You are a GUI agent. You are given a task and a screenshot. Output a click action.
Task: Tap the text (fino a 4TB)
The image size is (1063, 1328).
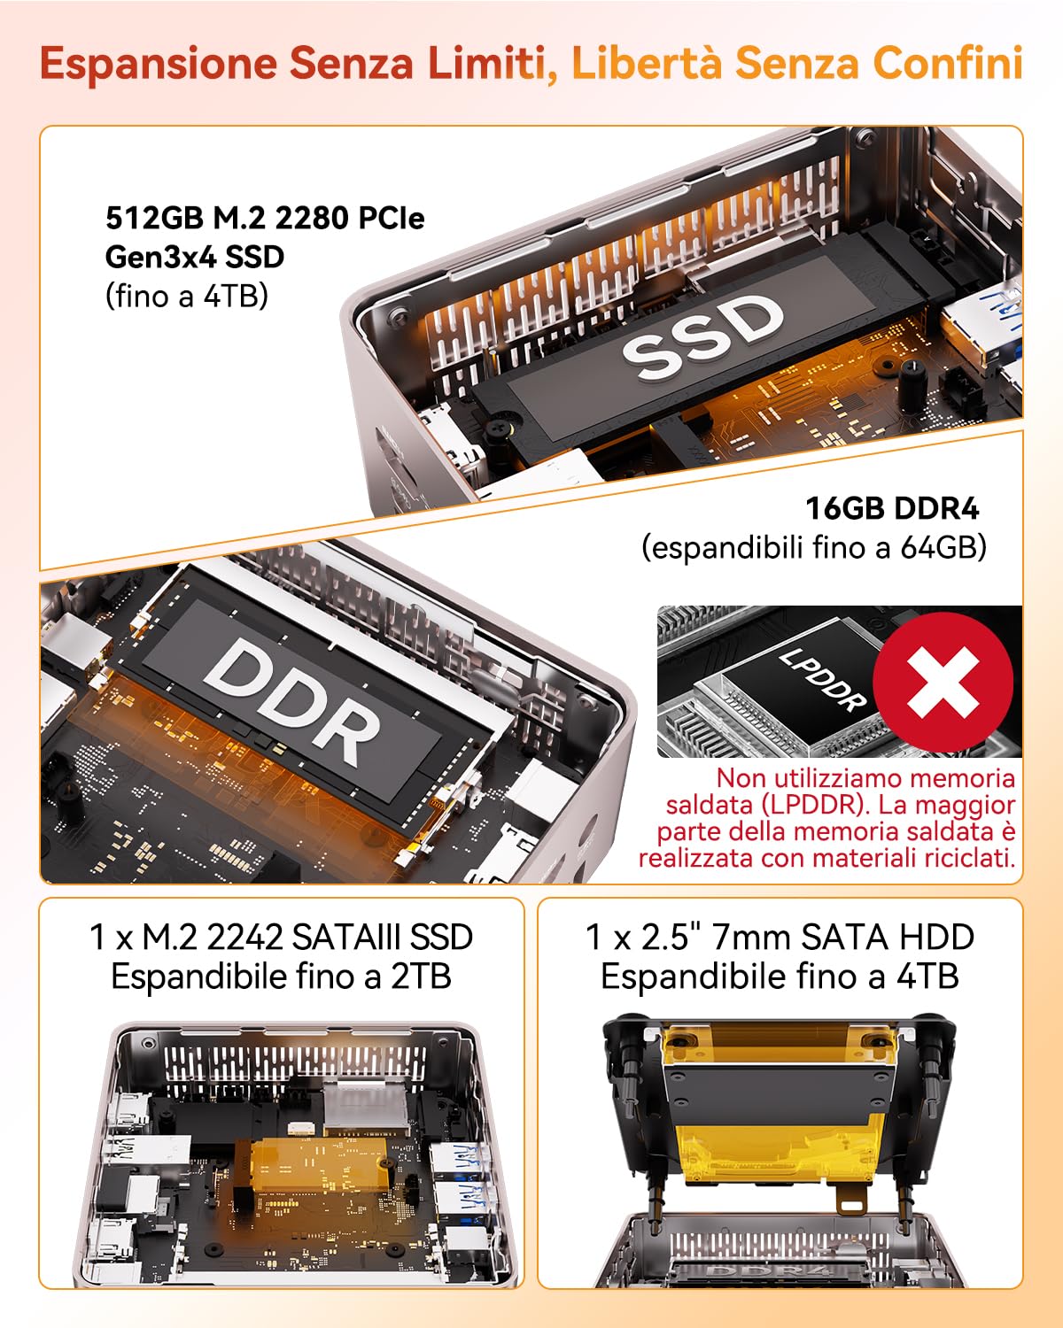tap(186, 296)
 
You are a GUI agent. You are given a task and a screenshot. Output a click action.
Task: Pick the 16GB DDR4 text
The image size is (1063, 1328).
tap(891, 509)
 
